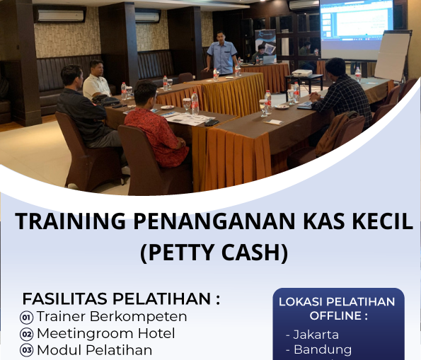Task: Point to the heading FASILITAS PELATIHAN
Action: tap(121, 298)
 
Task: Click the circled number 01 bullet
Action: tap(27, 317)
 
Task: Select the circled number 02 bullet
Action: tap(27, 334)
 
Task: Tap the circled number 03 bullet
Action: tap(27, 350)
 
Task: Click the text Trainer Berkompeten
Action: tap(112, 316)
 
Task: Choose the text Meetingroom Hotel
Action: tap(105, 333)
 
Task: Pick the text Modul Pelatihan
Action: tap(94, 350)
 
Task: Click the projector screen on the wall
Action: tap(357, 28)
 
